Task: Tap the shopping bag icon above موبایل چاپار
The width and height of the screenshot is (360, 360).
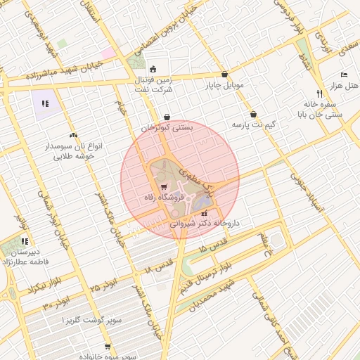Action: pos(224,74)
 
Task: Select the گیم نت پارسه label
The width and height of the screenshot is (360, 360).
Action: pos(251,124)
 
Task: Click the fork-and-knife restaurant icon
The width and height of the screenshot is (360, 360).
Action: pos(319,93)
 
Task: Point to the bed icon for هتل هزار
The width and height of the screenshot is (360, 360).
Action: pos(344,75)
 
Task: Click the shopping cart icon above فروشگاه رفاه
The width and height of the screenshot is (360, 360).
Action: pos(164,188)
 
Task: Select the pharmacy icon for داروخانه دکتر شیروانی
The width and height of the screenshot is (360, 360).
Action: pos(205,214)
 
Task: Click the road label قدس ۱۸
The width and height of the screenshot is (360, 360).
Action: pos(158,268)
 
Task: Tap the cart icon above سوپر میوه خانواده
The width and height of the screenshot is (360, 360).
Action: pos(108,347)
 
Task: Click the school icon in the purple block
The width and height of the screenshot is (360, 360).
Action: pos(45,103)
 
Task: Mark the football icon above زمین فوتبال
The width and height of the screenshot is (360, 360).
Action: pos(154,68)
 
